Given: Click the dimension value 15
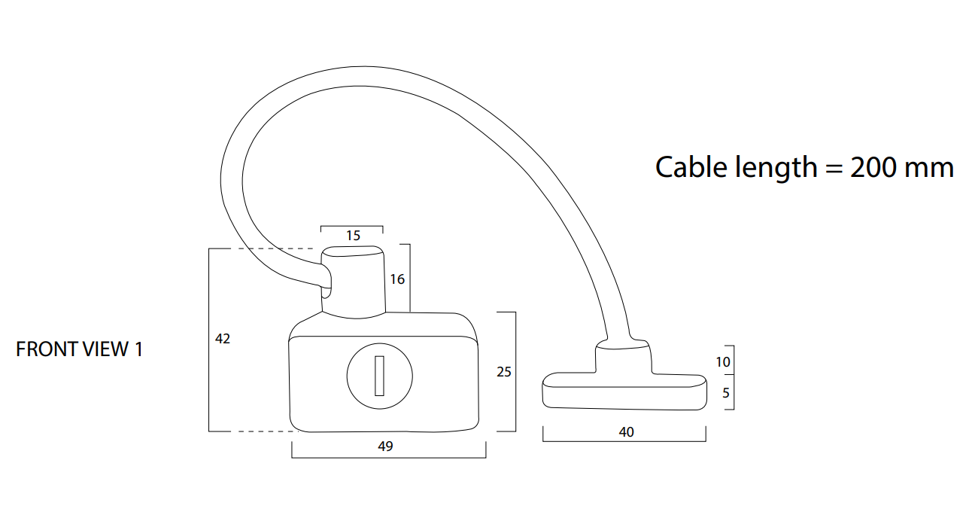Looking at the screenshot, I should [353, 236].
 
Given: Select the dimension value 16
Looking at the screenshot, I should [397, 279].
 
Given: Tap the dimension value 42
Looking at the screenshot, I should [223, 339].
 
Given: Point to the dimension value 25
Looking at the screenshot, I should [504, 371].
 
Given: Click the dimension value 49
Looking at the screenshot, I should [385, 446].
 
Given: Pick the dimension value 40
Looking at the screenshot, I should [626, 432].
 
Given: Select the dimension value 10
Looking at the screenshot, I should [723, 362].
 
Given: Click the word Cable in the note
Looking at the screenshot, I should [691, 166].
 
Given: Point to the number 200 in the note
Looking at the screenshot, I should [873, 166].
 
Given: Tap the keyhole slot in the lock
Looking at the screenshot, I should [381, 374].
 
